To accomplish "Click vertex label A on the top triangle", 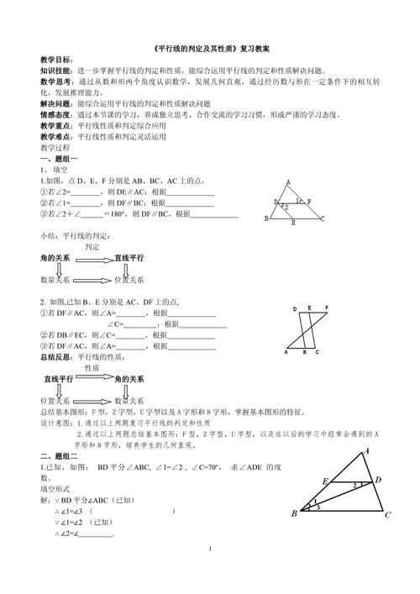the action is pyautogui.click(x=289, y=182).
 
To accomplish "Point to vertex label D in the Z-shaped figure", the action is pyautogui.click(x=296, y=308).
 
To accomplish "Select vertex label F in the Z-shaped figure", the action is pyautogui.click(x=326, y=308).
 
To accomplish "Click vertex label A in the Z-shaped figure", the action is pyautogui.click(x=286, y=353).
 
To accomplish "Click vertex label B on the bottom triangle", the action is pyautogui.click(x=295, y=514).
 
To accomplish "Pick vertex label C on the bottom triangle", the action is pyautogui.click(x=388, y=515).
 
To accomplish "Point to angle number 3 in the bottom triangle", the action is pyautogui.click(x=317, y=507).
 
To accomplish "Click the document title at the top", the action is pyautogui.click(x=209, y=50).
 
